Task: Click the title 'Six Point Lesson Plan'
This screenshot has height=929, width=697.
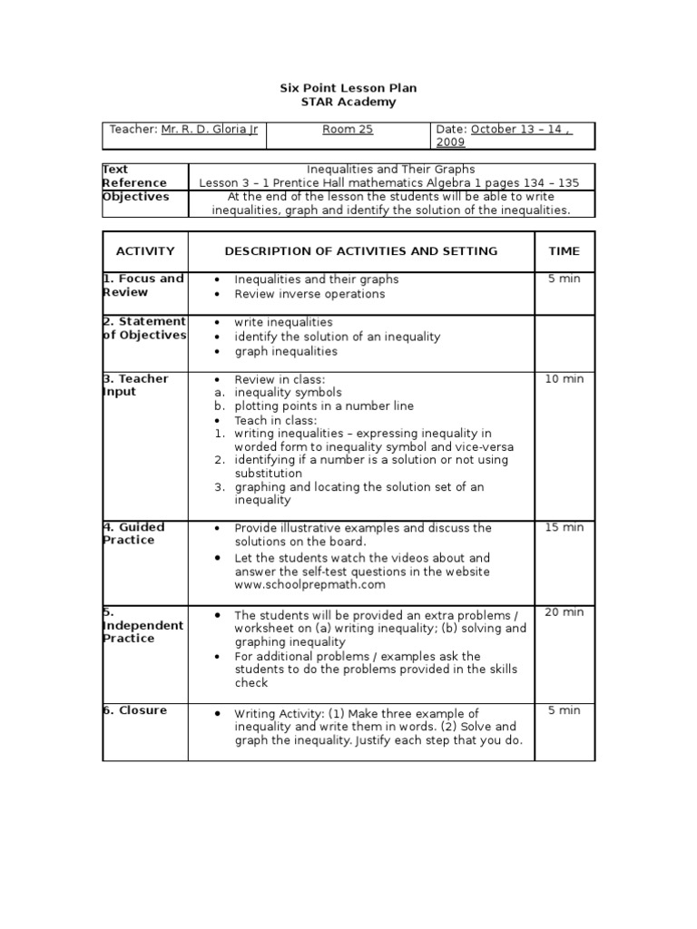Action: coord(348,88)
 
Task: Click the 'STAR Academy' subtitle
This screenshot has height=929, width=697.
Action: coord(348,103)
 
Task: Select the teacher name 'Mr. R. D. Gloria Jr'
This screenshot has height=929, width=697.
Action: coord(210,130)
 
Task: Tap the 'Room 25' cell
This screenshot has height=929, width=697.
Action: coord(348,130)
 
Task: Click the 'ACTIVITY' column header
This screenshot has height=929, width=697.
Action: coord(145,251)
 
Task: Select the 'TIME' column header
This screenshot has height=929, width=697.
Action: coord(564,251)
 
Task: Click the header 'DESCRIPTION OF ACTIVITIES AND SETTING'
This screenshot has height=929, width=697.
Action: coord(360,251)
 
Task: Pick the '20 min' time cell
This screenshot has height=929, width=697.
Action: coord(564,612)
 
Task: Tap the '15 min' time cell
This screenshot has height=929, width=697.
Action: coord(564,528)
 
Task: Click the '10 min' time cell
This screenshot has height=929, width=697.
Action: coord(564,379)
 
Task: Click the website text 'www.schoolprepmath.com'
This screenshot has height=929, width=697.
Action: coord(303,585)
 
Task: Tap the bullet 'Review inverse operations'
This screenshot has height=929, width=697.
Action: coord(309,294)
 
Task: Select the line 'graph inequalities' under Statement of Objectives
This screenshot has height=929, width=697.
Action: coord(285,351)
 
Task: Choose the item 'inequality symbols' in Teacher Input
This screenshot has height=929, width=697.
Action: coord(288,393)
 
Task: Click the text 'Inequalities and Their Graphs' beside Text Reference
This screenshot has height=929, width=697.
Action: coord(390,170)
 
